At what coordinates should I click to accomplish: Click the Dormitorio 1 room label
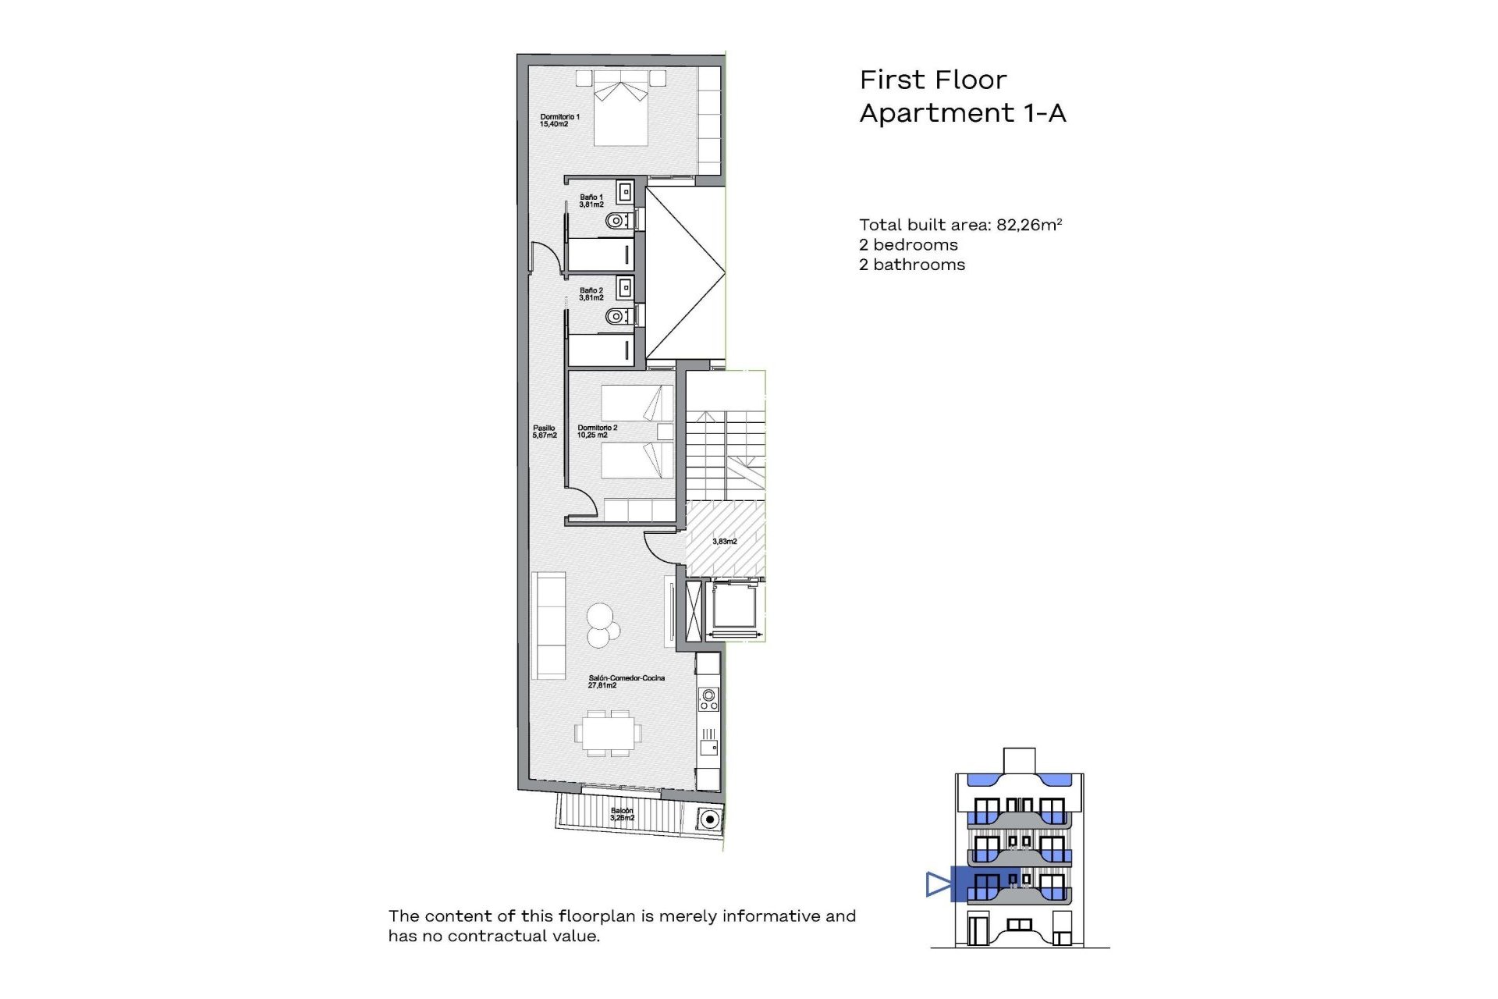(559, 120)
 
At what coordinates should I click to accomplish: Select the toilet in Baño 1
(618, 221)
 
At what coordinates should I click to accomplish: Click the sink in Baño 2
(624, 289)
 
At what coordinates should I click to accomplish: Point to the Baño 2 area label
(591, 293)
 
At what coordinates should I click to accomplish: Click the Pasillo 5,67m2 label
(544, 432)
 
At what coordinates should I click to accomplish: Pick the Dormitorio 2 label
(597, 432)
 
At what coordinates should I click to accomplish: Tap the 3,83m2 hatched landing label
(724, 541)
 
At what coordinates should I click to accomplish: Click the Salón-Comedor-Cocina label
(626, 681)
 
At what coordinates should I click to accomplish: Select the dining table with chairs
(609, 733)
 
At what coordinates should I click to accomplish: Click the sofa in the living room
(548, 625)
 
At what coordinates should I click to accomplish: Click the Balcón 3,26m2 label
(622, 814)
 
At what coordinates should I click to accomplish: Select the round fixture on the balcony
(708, 819)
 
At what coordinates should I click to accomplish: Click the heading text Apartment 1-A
(962, 113)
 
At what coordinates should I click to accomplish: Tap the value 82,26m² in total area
(1029, 225)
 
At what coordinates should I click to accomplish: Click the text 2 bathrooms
(911, 265)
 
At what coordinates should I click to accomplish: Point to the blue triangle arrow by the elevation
(938, 884)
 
